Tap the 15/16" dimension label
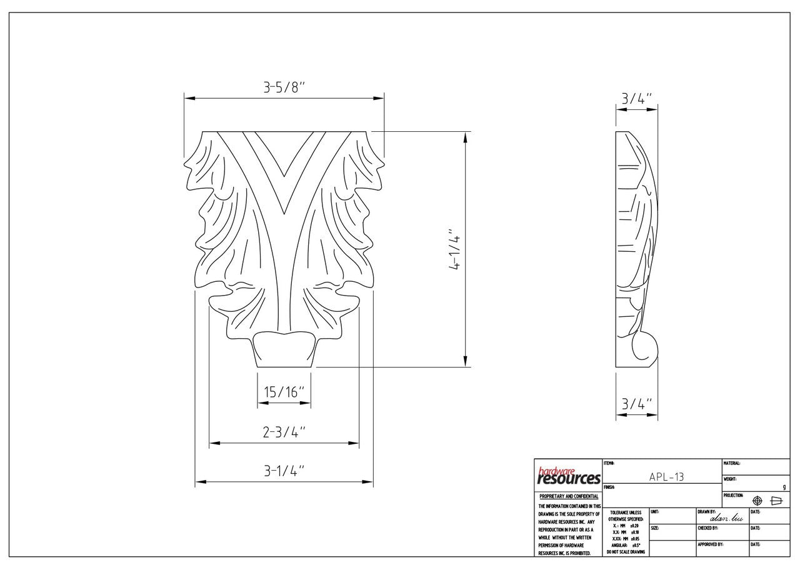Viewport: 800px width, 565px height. point(284,392)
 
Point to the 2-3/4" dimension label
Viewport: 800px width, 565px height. point(284,432)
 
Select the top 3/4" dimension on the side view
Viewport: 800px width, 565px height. point(636,99)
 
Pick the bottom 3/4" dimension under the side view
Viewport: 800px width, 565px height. point(636,404)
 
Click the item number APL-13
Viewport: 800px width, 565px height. point(666,477)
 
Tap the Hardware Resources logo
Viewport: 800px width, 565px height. point(569,476)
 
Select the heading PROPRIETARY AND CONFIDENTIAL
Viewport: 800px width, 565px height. point(569,497)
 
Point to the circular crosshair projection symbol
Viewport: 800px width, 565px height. point(757,501)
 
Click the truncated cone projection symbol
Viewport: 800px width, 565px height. point(777,501)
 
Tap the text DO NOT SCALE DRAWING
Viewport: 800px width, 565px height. point(626,552)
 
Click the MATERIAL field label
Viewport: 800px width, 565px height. point(732,463)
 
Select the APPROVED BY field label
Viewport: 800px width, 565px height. point(711,544)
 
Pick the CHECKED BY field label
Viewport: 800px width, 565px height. point(708,528)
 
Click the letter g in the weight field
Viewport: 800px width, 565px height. point(784,487)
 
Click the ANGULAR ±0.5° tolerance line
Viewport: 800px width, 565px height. point(626,545)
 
